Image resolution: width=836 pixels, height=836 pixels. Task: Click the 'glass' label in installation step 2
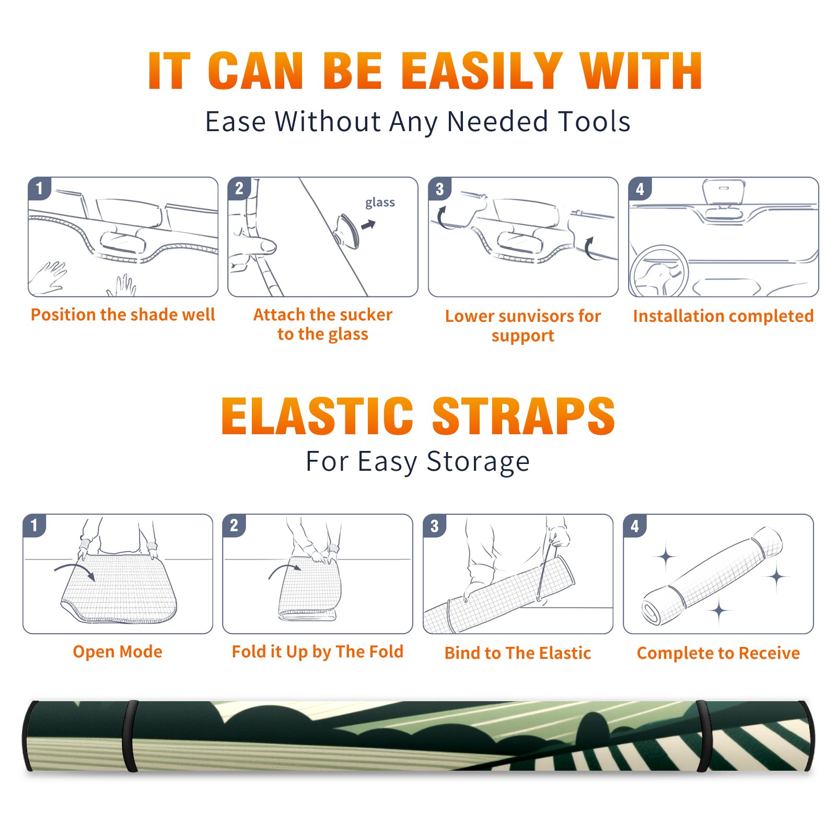tap(380, 203)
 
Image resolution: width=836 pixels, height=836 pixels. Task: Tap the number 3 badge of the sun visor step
tap(440, 189)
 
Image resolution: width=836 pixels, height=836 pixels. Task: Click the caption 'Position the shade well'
tap(123, 315)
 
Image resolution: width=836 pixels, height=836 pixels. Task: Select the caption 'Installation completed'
tap(723, 316)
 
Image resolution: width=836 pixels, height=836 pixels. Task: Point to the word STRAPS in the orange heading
tap(524, 416)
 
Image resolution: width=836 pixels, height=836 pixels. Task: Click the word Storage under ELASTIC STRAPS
tap(478, 462)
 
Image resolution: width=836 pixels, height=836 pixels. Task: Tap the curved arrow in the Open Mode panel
tap(75, 571)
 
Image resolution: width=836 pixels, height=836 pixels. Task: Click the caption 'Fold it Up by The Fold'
tap(318, 652)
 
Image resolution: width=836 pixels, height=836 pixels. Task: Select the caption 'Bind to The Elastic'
tap(518, 653)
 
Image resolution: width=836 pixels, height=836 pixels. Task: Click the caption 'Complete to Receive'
tap(718, 653)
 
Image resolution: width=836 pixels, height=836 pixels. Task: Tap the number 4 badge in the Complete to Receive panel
tap(635, 526)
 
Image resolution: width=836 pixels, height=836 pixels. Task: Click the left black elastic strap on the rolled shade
tap(131, 736)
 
